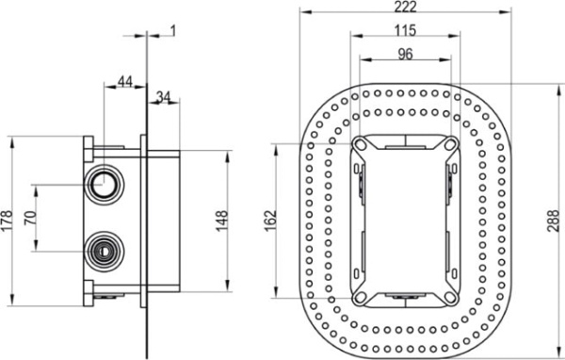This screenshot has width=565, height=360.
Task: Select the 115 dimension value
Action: tap(406, 31)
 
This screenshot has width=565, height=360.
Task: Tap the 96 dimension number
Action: tap(406, 55)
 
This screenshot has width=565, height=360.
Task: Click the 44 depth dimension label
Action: tap(124, 82)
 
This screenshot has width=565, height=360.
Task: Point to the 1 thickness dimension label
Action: tap(172, 31)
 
